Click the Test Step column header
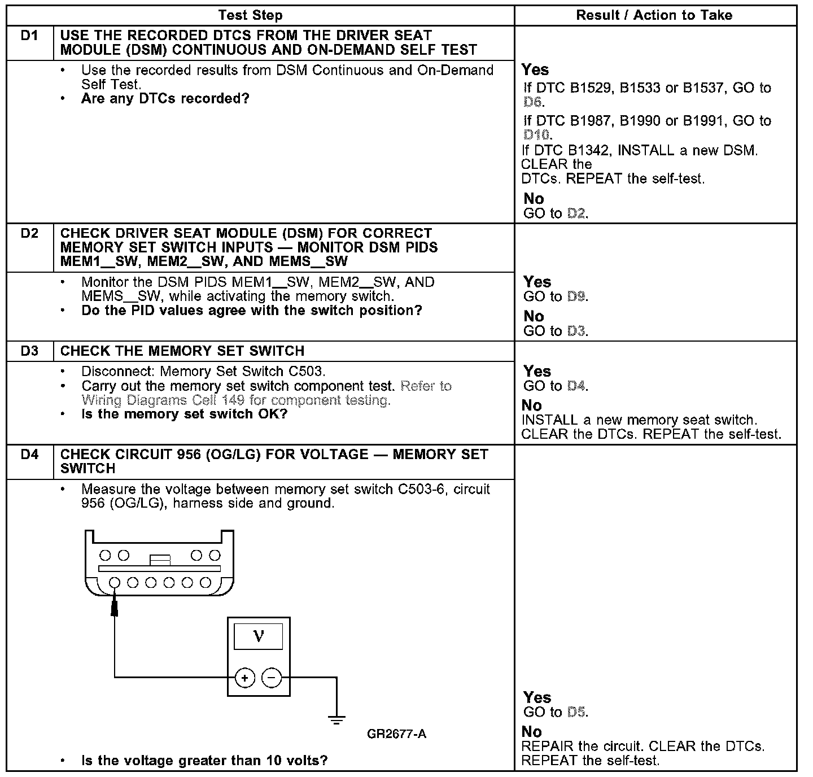click(x=250, y=15)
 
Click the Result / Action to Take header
click(x=654, y=15)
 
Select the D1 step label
click(x=29, y=36)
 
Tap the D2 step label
click(x=29, y=233)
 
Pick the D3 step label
click(x=29, y=351)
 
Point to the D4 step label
click(x=29, y=455)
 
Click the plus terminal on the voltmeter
click(x=245, y=677)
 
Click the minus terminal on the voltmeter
click(x=272, y=677)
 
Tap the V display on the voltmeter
click(x=259, y=636)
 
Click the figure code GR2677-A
click(x=396, y=734)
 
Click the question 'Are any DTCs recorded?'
click(x=165, y=99)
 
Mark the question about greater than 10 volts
click(x=204, y=760)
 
